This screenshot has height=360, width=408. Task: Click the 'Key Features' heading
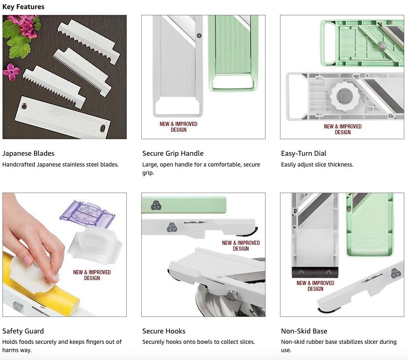[x=24, y=7]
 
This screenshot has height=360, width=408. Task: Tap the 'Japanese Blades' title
[x=28, y=153]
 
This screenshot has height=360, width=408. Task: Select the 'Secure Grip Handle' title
[x=173, y=153]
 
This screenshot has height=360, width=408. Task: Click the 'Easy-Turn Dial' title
[x=303, y=153]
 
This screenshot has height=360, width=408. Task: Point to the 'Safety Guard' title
[x=23, y=331]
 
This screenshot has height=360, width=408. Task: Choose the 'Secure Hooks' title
[x=164, y=331]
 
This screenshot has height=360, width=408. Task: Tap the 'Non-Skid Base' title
[x=304, y=331]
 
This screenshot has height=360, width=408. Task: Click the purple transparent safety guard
[x=87, y=214]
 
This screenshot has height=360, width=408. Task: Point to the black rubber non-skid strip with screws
[x=315, y=272]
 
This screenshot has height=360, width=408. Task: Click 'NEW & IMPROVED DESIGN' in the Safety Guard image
[x=92, y=275]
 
